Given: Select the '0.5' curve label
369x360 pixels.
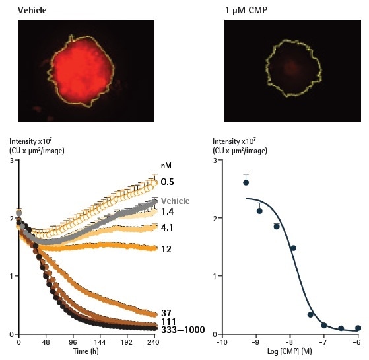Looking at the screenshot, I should (168, 181).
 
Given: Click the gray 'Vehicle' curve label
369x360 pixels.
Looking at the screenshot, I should (176, 201).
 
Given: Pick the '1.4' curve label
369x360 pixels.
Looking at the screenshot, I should (168, 211).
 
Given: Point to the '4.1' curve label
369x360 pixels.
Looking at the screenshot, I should (168, 228).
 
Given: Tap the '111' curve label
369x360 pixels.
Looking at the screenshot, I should (168, 321).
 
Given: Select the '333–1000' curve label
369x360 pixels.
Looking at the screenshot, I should (183, 330).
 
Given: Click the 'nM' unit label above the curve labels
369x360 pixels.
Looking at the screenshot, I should (166, 166).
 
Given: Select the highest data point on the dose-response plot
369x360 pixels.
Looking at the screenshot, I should (246, 182).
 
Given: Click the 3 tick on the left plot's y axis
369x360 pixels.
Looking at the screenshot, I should (11, 161).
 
